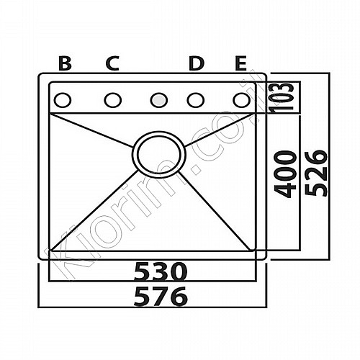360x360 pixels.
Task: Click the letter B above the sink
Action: tap(65, 63)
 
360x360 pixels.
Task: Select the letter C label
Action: tap(112, 63)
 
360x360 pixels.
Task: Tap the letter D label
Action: tap(197, 63)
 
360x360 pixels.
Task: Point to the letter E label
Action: tap(240, 63)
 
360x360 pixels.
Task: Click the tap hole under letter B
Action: tap(63, 100)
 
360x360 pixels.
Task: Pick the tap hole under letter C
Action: tap(112, 100)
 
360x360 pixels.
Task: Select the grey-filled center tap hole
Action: tap(158, 100)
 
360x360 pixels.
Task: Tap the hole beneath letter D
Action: tap(196, 100)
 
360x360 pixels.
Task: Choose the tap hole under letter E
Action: tap(241, 100)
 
